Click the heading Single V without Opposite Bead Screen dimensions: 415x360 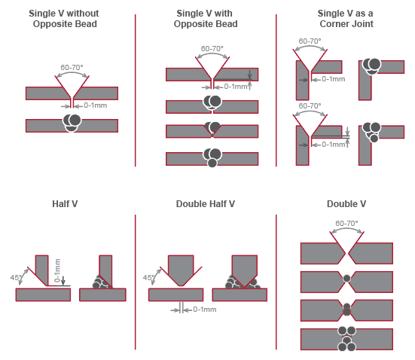coord(64,19)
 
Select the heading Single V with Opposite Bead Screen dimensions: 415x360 coord(206,19)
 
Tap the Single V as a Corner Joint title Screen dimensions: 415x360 coord(346,19)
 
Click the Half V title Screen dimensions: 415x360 coord(65,204)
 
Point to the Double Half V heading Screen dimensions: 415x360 coord(206,204)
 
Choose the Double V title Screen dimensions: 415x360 coord(346,204)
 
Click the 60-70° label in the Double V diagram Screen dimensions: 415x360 coord(346,224)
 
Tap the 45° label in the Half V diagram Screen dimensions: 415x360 coord(15,277)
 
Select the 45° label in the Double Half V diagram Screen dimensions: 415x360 coord(148,277)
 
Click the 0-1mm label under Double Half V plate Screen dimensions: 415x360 coord(205,310)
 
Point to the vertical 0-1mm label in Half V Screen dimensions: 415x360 coord(57,270)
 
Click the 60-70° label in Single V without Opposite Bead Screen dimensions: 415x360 coord(72,68)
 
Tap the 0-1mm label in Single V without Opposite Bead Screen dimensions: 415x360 coord(96,105)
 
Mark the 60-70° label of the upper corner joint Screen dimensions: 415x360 coord(310,41)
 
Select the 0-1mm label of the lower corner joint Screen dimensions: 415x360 coord(333,145)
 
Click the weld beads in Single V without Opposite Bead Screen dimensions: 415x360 coord(72,123)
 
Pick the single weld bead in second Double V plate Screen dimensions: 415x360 coord(346,279)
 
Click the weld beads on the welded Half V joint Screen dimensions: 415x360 coord(101,282)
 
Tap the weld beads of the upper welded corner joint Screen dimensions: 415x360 coord(371,66)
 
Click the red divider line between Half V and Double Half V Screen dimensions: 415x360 coord(136,282)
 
